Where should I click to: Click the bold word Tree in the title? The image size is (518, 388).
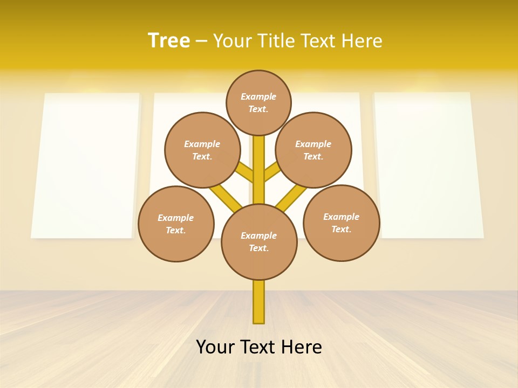[x=169, y=41]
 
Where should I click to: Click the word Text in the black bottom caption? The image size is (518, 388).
[x=259, y=347]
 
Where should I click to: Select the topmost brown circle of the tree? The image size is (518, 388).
[x=258, y=102]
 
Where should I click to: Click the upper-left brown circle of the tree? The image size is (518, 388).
[x=202, y=150]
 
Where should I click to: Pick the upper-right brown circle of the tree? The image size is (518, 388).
[x=313, y=150]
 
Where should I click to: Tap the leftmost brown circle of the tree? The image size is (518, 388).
[x=176, y=224]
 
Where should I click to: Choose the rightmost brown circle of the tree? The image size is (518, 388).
[x=341, y=223]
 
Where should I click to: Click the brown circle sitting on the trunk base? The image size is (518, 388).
[x=259, y=242]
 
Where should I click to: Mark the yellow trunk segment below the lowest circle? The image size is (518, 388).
[x=259, y=302]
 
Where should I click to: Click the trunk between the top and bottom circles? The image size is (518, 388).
[x=259, y=170]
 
